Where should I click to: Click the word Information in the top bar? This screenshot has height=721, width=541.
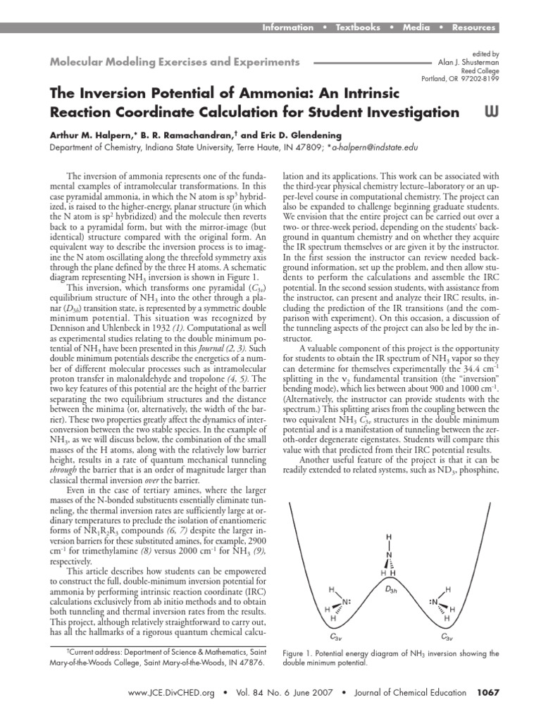(x=287, y=27)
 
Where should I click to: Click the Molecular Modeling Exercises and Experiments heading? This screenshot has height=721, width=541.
(x=174, y=63)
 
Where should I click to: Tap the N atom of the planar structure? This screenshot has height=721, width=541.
(x=388, y=555)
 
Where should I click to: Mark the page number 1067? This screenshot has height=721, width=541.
(x=487, y=693)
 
